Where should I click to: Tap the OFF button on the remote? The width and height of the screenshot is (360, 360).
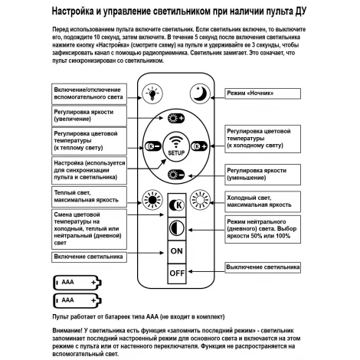tap(178, 272)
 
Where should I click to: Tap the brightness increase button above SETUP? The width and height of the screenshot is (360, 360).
tap(177, 119)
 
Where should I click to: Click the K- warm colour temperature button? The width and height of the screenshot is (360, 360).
tap(152, 145)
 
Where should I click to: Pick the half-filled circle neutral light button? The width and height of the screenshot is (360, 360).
tap(177, 228)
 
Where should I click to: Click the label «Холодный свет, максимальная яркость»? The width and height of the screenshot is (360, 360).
tap(260, 201)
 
